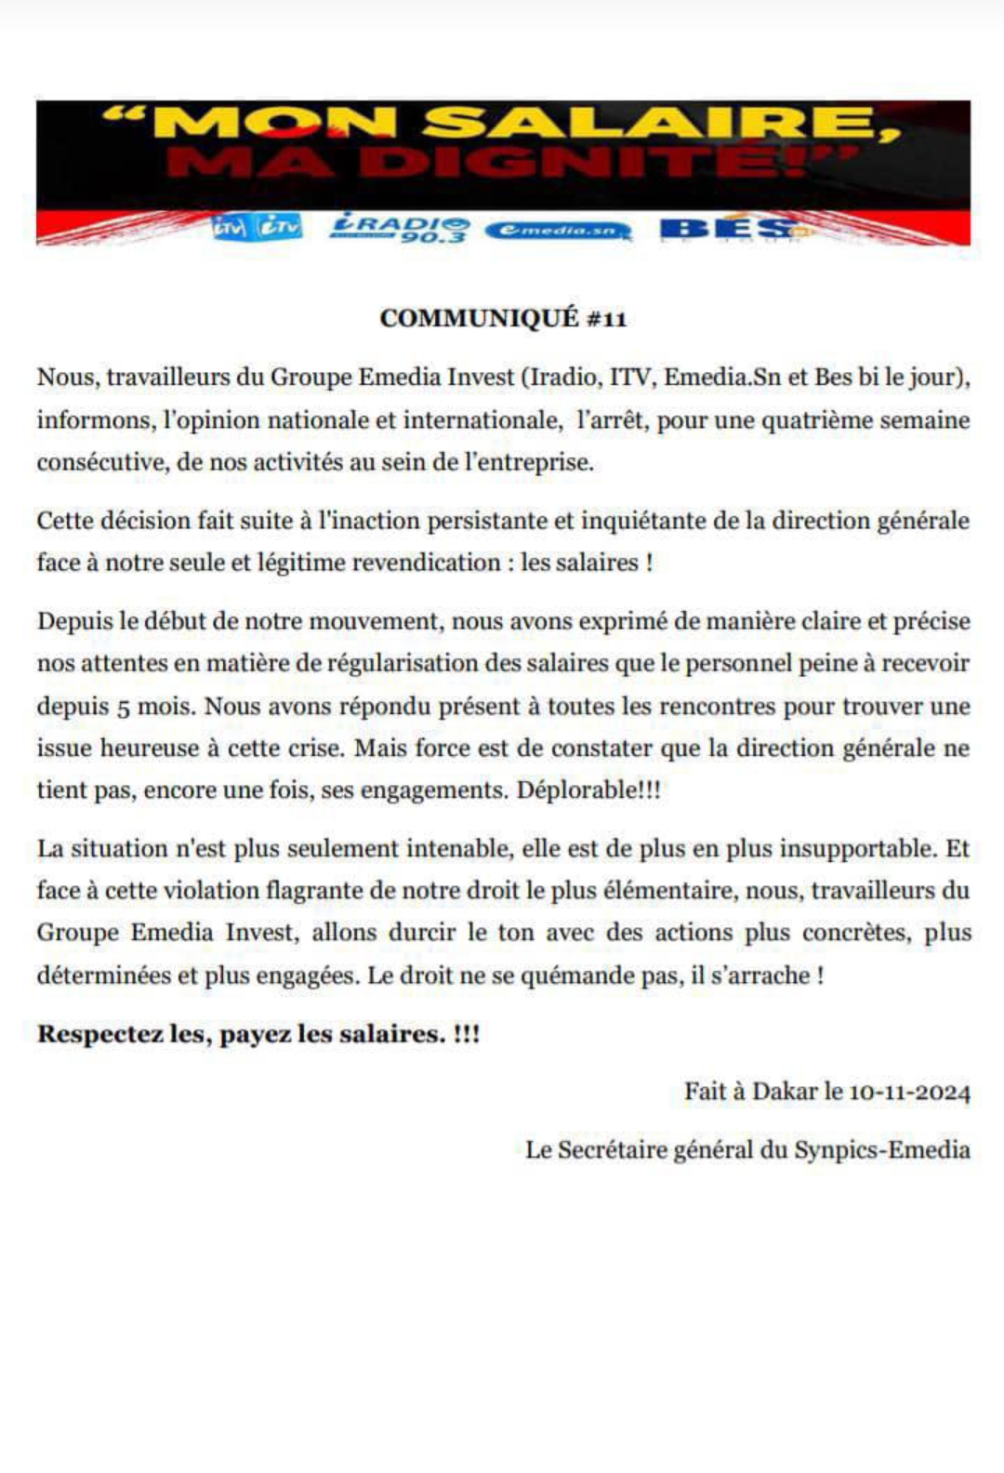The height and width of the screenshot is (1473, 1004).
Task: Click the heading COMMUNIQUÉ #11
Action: click(x=503, y=318)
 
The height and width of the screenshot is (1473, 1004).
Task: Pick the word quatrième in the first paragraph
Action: click(x=819, y=420)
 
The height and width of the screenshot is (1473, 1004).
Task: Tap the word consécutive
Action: click(x=101, y=462)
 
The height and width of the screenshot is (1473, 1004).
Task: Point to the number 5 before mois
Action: click(x=123, y=708)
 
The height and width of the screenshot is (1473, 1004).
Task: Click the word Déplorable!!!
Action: click(x=588, y=790)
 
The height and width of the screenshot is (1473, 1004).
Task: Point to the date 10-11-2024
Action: click(x=909, y=1092)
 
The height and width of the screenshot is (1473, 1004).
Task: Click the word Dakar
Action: click(x=785, y=1091)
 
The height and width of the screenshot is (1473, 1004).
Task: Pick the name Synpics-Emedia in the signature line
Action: click(x=882, y=1150)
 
